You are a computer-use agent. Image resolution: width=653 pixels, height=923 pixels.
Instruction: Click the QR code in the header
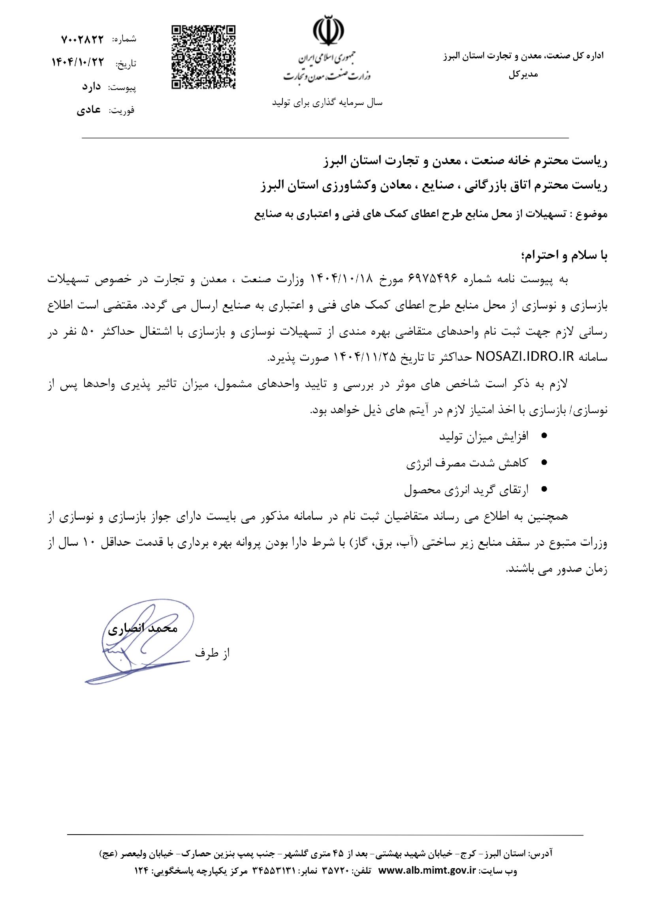(x=203, y=57)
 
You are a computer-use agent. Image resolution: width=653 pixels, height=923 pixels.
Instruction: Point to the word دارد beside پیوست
(x=91, y=86)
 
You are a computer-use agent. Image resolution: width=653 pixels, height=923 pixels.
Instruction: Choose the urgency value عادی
(x=89, y=110)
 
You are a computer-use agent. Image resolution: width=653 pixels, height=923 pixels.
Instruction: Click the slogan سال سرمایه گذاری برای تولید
(x=327, y=103)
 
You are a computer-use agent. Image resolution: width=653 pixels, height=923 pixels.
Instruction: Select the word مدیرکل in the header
(x=523, y=75)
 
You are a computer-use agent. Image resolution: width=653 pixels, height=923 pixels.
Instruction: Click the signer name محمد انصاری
(x=143, y=628)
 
